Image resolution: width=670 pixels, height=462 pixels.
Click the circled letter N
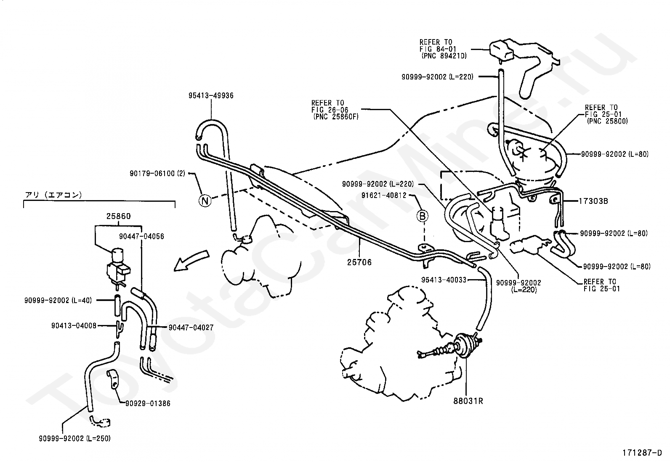point(205,201)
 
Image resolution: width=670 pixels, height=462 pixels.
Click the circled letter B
point(423,216)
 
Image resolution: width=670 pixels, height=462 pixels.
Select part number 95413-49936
point(211,95)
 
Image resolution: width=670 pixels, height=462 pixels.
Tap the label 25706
point(359,262)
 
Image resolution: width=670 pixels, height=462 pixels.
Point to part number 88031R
point(468,401)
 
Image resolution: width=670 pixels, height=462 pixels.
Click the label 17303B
point(593,201)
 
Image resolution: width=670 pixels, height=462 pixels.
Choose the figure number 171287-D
point(642,453)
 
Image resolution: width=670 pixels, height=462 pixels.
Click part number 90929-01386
point(148,404)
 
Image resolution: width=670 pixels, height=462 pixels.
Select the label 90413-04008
point(74,325)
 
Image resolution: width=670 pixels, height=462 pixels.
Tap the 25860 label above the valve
point(118,216)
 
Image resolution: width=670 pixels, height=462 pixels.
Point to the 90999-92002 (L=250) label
point(75,438)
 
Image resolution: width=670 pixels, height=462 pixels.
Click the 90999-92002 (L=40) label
point(58,300)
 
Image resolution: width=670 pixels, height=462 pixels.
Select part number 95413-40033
point(444,280)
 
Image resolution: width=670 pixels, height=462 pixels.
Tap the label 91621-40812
point(384,195)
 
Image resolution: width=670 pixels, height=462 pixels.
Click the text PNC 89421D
point(444,56)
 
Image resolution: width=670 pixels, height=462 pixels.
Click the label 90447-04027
point(191,327)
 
